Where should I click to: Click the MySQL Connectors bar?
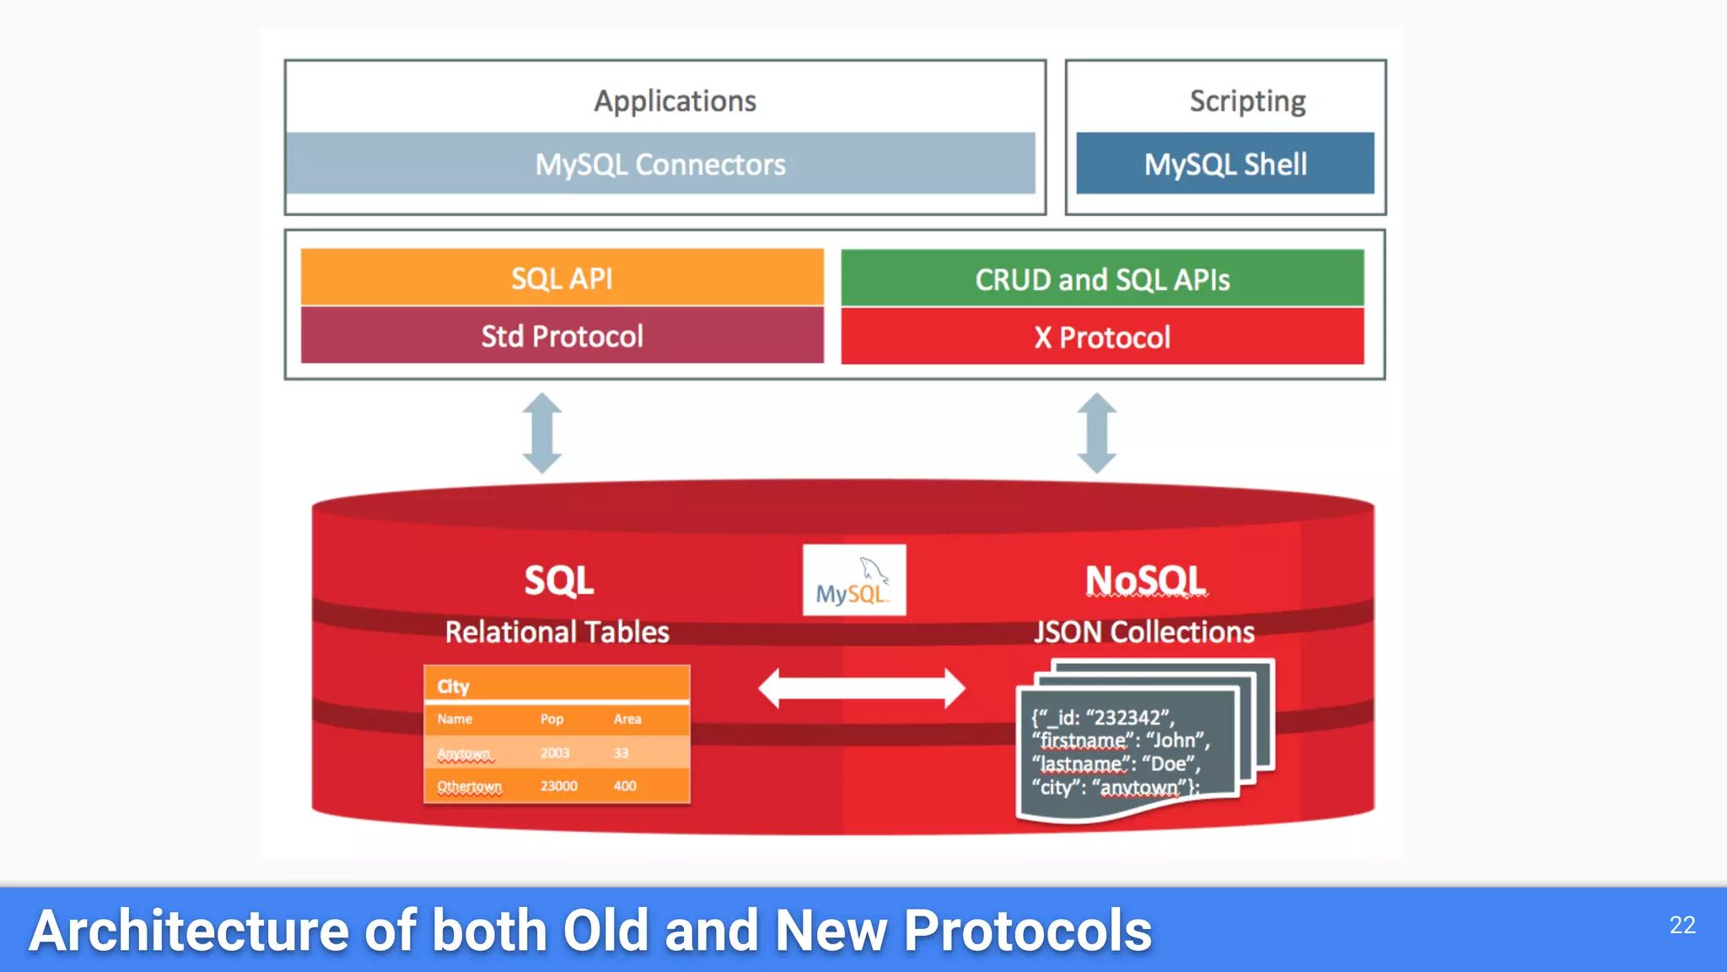point(660,164)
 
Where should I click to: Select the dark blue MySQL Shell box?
point(1224,164)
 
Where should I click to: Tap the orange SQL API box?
point(562,278)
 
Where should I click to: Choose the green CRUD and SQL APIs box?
point(1102,278)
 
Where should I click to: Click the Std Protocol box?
point(562,336)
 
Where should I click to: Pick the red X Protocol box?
point(1102,337)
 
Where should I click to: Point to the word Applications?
point(675,100)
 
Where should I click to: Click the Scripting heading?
point(1247,100)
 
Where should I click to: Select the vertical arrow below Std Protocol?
point(541,433)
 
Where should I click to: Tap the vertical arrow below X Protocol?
point(1096,433)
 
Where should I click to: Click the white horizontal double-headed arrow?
point(861,688)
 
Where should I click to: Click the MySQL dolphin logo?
point(853,580)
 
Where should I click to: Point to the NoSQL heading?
point(1145,580)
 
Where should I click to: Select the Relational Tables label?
point(557,632)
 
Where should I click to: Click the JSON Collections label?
point(1143,632)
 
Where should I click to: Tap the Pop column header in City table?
point(551,719)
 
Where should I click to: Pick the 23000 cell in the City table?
point(558,786)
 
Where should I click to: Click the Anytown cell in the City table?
point(464,753)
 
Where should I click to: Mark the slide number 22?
point(1681,925)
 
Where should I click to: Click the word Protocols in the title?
point(1027,931)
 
